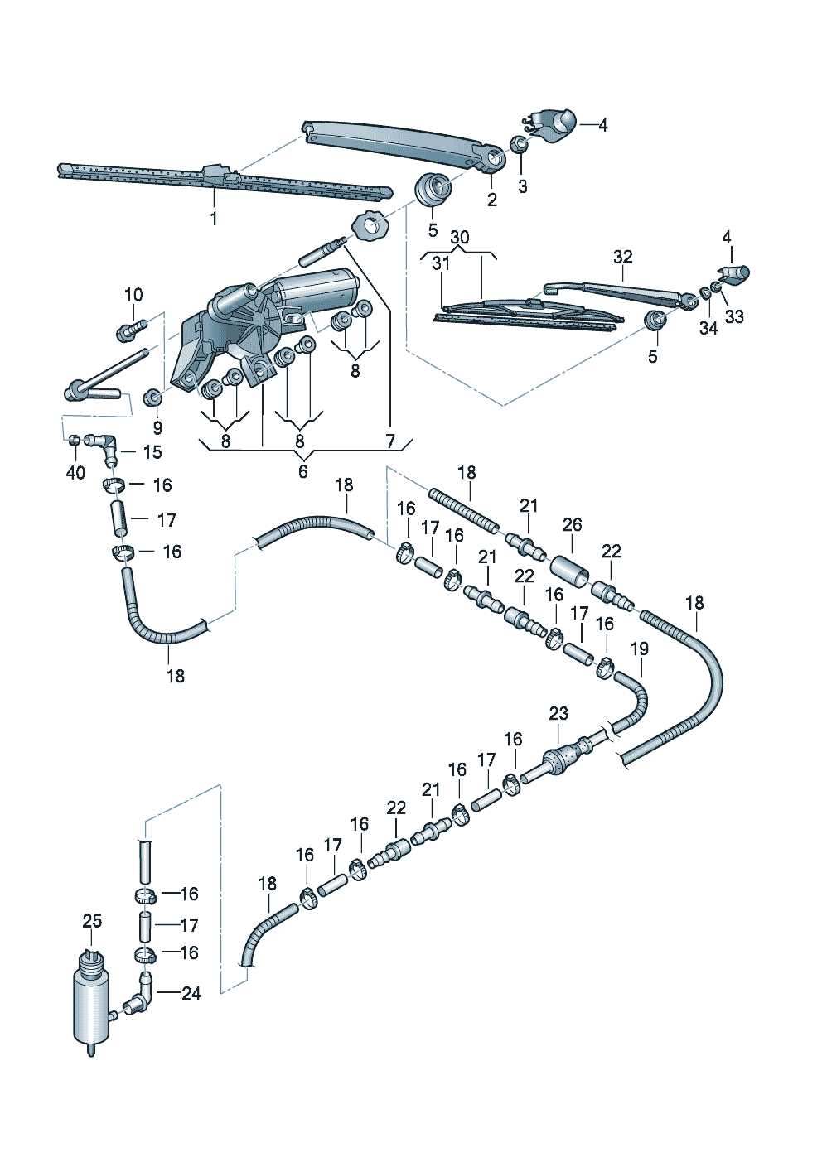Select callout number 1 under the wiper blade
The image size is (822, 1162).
pos(214,219)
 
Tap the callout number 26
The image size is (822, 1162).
pos(572,524)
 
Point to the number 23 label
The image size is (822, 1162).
pos(558,713)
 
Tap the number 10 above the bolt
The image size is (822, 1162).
pos(133,294)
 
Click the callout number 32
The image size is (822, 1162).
pos(622,257)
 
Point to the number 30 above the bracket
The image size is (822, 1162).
pos(459,238)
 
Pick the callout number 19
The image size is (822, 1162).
pos(640,649)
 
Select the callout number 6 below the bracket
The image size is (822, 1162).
pos(302,470)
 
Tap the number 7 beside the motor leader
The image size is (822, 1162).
pos(389,441)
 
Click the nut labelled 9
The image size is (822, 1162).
pos(152,398)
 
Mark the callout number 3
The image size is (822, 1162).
pos(522,187)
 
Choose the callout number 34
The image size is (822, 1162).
pos(708,328)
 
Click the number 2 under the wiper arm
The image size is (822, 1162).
pos(492,200)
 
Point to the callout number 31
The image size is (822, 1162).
pos(440,263)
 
